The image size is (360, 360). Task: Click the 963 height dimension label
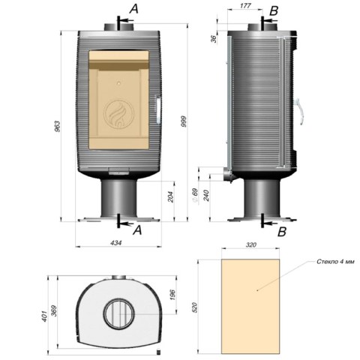click(58, 127)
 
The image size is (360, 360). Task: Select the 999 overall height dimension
click(184, 121)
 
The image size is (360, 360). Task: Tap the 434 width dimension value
click(116, 243)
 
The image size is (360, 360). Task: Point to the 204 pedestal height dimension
click(170, 197)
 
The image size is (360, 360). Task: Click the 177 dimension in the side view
click(245, 5)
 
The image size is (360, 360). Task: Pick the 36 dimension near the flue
click(214, 39)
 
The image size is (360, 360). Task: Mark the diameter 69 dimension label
click(195, 194)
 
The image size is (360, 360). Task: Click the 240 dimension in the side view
click(206, 196)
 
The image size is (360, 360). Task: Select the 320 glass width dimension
click(250, 244)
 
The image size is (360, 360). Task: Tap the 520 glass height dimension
click(195, 307)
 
